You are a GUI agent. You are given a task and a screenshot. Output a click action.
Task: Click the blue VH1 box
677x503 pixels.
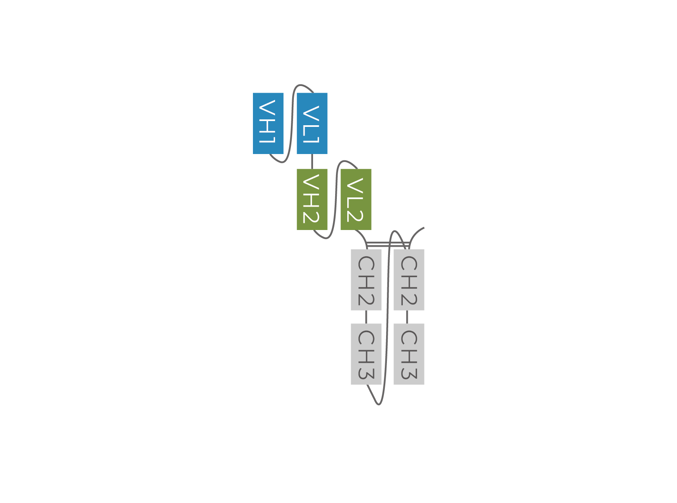(268, 124)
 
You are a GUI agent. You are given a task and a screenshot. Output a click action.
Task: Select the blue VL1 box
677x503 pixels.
(312, 124)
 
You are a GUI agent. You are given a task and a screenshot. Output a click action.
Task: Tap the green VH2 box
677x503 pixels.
(312, 200)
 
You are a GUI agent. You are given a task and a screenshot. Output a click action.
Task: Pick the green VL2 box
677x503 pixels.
(356, 200)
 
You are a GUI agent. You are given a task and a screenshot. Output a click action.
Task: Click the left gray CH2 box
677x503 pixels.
(366, 280)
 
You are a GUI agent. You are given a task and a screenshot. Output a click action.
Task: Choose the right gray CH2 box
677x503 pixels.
(409, 280)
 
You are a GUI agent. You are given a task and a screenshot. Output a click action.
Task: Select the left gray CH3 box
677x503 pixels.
(366, 354)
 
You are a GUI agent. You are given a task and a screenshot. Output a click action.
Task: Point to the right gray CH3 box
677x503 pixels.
(409, 354)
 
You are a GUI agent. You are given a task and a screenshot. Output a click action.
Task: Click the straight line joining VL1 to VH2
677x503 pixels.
(312, 161)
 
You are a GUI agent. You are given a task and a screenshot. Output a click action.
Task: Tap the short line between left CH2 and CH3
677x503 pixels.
(366, 317)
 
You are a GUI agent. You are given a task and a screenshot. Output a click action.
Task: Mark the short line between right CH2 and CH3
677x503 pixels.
(407, 317)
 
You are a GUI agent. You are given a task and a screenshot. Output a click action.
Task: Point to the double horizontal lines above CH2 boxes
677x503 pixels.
(388, 244)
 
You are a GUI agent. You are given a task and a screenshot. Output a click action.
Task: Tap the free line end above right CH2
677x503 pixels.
(424, 227)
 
